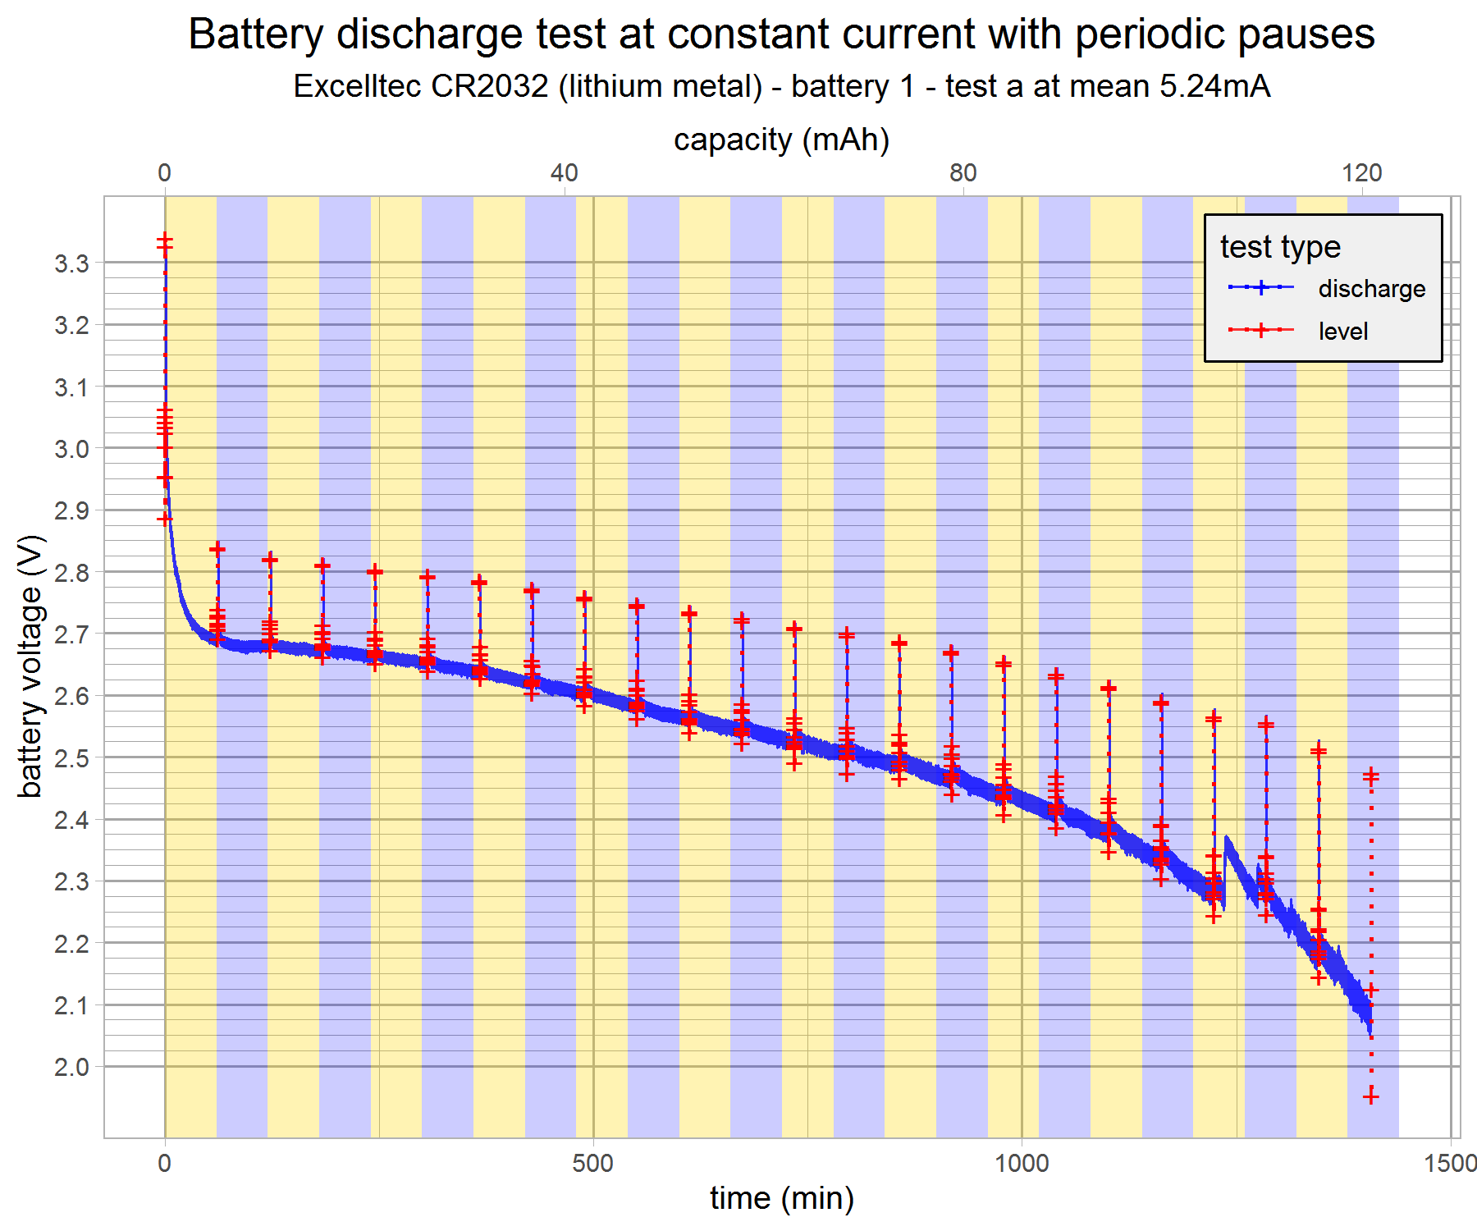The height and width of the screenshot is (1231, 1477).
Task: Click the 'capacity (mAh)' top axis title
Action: [781, 140]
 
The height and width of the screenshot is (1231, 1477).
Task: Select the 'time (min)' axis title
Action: [781, 1198]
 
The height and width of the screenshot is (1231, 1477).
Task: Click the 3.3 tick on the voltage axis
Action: [71, 263]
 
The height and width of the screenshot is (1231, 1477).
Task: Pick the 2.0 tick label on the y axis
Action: [71, 1067]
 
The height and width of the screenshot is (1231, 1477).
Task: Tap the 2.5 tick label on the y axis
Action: [71, 758]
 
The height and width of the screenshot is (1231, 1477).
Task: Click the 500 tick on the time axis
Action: [592, 1163]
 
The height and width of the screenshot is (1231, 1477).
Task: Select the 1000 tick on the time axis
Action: [1021, 1163]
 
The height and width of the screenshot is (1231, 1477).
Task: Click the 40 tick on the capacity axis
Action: [564, 172]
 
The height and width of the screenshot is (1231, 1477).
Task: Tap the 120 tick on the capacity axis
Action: [1361, 172]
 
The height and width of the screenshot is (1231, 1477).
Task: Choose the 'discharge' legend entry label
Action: [1371, 289]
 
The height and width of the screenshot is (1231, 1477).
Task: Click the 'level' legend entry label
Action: [1342, 332]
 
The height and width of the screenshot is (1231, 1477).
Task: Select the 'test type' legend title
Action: [1280, 246]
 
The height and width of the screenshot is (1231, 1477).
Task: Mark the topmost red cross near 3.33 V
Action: [165, 240]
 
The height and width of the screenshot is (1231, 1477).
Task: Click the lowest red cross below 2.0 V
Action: [1370, 1097]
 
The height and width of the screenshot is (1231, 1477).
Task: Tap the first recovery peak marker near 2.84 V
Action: [217, 548]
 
